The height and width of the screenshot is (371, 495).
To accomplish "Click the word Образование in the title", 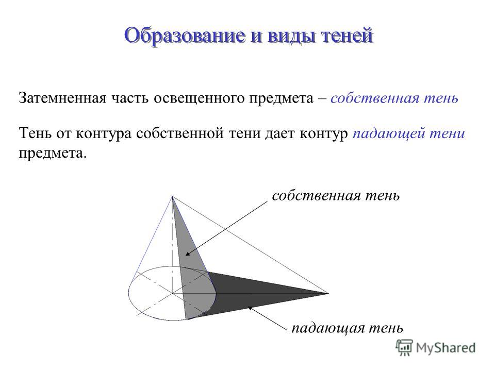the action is tap(185, 36).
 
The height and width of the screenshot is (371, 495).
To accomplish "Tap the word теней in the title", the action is tap(346, 36).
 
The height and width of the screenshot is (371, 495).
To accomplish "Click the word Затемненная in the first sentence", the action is tap(62, 98).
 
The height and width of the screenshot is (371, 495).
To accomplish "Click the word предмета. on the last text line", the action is tap(53, 154).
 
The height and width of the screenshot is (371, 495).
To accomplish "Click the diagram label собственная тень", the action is tap(336, 196).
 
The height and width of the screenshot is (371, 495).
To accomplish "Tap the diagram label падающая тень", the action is tap(347, 328).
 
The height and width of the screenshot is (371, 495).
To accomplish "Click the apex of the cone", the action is tap(172, 196).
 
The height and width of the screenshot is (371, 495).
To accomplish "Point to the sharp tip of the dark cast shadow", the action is tap(328, 293).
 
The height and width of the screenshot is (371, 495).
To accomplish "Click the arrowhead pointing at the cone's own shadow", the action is tap(188, 254).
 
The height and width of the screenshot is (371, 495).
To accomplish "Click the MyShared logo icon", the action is tap(404, 347).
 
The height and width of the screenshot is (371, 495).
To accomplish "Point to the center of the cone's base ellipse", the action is tap(172, 293).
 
